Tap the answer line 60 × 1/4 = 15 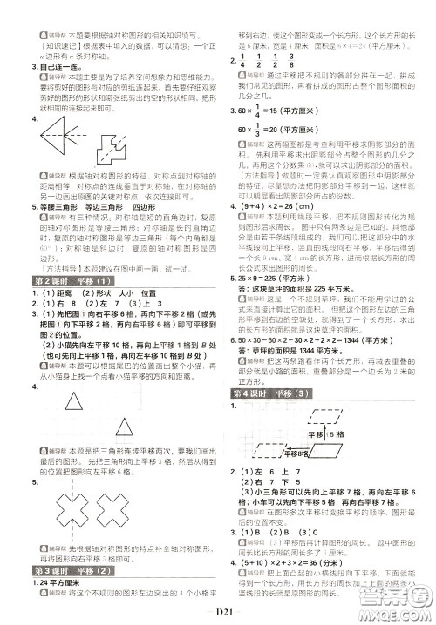[285, 111]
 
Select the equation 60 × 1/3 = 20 [285, 129]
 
